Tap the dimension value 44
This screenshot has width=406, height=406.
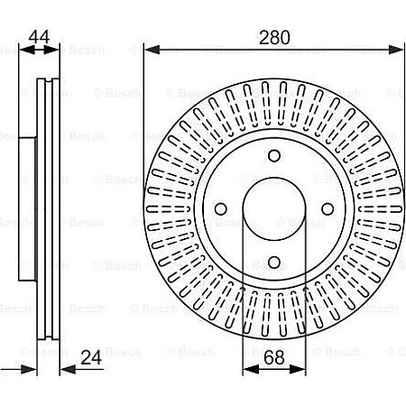click(38, 37)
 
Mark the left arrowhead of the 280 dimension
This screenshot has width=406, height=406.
click(150, 49)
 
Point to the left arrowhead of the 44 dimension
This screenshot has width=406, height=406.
click(22, 49)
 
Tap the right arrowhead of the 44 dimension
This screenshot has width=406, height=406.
click(58, 49)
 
